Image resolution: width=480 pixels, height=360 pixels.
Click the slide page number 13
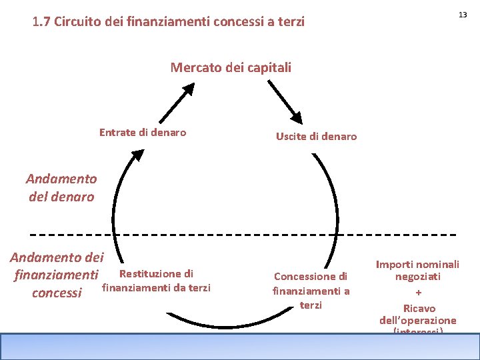[x=461, y=15]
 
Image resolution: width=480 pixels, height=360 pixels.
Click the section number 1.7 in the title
[x=41, y=22]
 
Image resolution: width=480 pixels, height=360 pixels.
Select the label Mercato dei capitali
[x=231, y=67]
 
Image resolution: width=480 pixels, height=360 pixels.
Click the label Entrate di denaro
[x=143, y=132]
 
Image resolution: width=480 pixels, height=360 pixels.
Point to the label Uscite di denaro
[x=316, y=137]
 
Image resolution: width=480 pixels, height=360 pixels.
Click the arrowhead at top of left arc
[x=137, y=155]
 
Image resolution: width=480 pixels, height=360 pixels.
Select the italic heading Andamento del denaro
[x=61, y=188]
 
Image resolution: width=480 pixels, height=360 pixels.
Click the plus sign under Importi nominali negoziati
[x=418, y=293]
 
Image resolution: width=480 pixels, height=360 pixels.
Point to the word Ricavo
[x=419, y=309]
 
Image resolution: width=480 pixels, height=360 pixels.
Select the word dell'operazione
[x=418, y=321]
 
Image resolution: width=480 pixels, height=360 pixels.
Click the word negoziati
[x=418, y=277]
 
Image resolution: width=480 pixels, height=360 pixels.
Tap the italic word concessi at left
[x=57, y=293]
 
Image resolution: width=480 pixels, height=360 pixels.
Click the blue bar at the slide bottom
[x=240, y=346]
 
